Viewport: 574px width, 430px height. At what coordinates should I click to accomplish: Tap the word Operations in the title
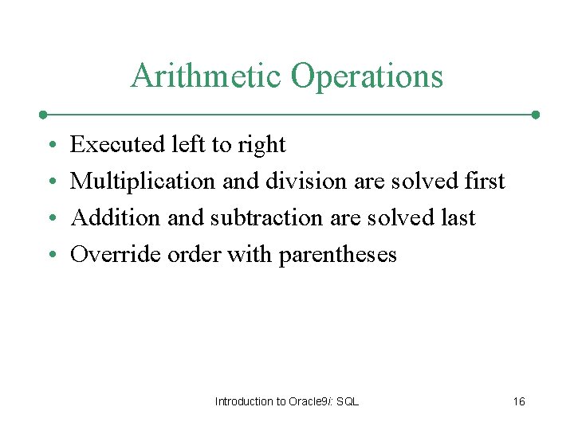point(367,76)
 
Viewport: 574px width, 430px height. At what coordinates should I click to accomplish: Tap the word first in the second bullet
point(483,181)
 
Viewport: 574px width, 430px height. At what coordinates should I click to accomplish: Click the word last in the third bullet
point(456,217)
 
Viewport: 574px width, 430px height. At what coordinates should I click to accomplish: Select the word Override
point(116,254)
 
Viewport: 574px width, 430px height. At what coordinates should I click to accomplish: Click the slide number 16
point(518,401)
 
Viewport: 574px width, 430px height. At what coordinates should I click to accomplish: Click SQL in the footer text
point(348,401)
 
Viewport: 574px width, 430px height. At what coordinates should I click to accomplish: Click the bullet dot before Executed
point(50,146)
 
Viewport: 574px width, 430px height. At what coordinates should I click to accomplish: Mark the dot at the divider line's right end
point(536,115)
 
